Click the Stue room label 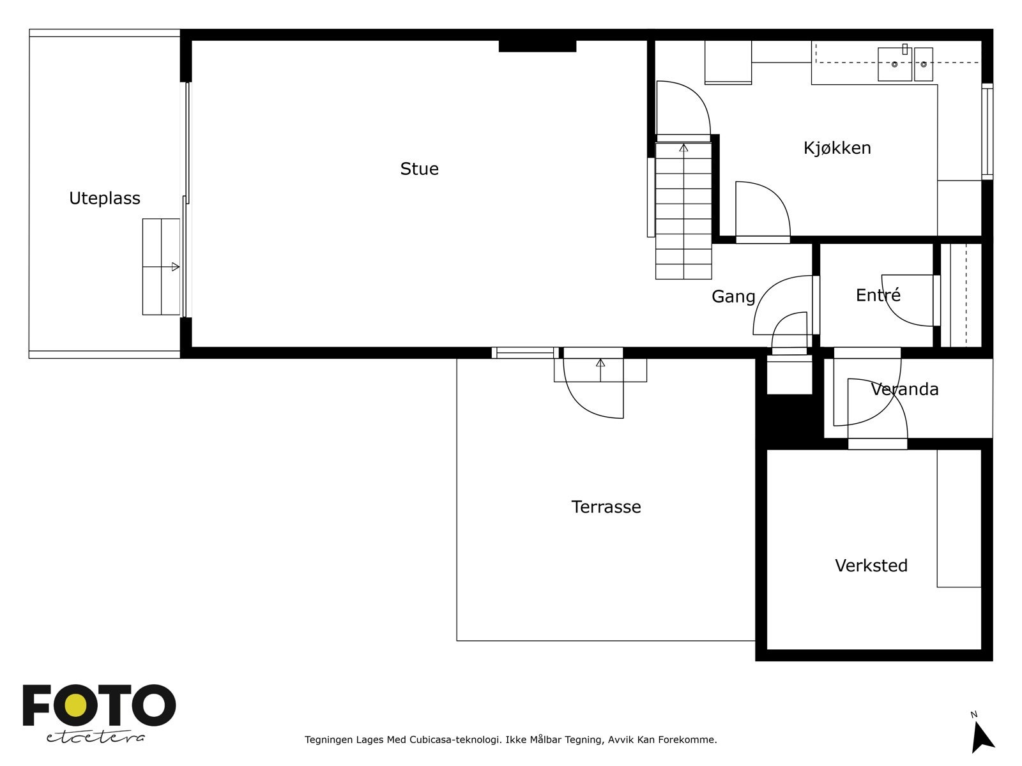click(x=419, y=169)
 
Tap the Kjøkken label click(x=837, y=148)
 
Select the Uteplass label click(x=104, y=199)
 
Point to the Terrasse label click(x=606, y=507)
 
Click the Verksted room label click(x=871, y=566)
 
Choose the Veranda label click(x=904, y=389)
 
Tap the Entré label click(x=878, y=295)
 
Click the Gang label click(x=733, y=297)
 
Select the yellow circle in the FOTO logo click(x=77, y=705)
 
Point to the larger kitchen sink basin click(x=894, y=64)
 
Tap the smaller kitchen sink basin click(x=923, y=64)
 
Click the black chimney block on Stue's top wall click(x=537, y=46)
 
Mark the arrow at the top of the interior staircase click(x=683, y=148)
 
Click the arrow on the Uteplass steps click(x=175, y=267)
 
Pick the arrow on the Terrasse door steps click(x=600, y=363)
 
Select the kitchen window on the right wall click(x=987, y=131)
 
